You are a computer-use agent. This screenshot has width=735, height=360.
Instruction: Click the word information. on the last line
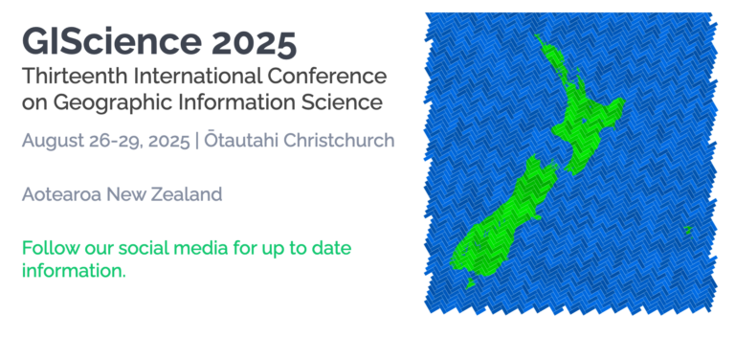tap(74, 271)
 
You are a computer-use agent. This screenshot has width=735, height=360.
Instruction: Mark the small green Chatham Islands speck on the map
tap(687, 231)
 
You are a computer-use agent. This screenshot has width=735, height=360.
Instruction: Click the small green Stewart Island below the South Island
tap(472, 282)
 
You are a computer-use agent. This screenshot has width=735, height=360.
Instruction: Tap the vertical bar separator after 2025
tap(196, 141)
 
